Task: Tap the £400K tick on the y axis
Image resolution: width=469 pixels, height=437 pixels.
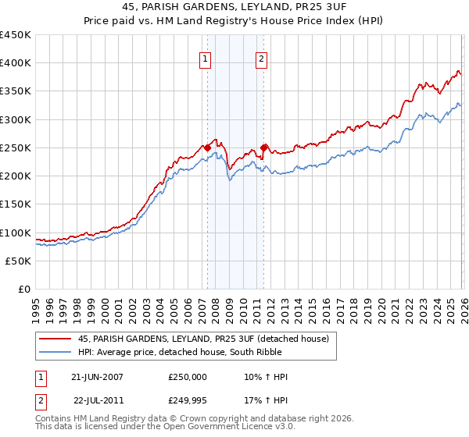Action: (x=16, y=63)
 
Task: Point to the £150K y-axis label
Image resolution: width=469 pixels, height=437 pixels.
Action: (x=16, y=204)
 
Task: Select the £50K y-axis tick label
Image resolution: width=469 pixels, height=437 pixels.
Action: (x=19, y=261)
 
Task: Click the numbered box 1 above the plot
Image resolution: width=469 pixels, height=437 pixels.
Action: (x=205, y=58)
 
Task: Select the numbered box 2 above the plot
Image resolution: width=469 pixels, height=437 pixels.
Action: (x=260, y=58)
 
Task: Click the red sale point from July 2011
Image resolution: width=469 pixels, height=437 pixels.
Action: (x=264, y=147)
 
